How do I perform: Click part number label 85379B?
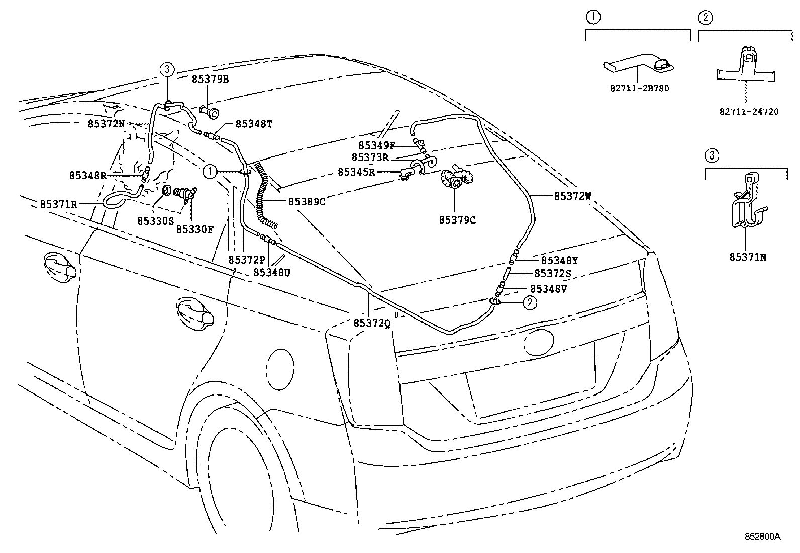click(210, 80)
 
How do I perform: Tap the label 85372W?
click(573, 196)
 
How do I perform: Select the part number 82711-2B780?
click(639, 88)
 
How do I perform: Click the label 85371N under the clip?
click(748, 257)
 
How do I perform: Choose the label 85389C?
click(307, 201)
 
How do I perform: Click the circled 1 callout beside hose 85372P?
click(210, 172)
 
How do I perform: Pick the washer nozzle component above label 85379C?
click(455, 180)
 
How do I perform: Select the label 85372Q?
click(372, 324)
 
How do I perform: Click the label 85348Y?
click(559, 261)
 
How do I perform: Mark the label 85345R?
click(356, 172)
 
